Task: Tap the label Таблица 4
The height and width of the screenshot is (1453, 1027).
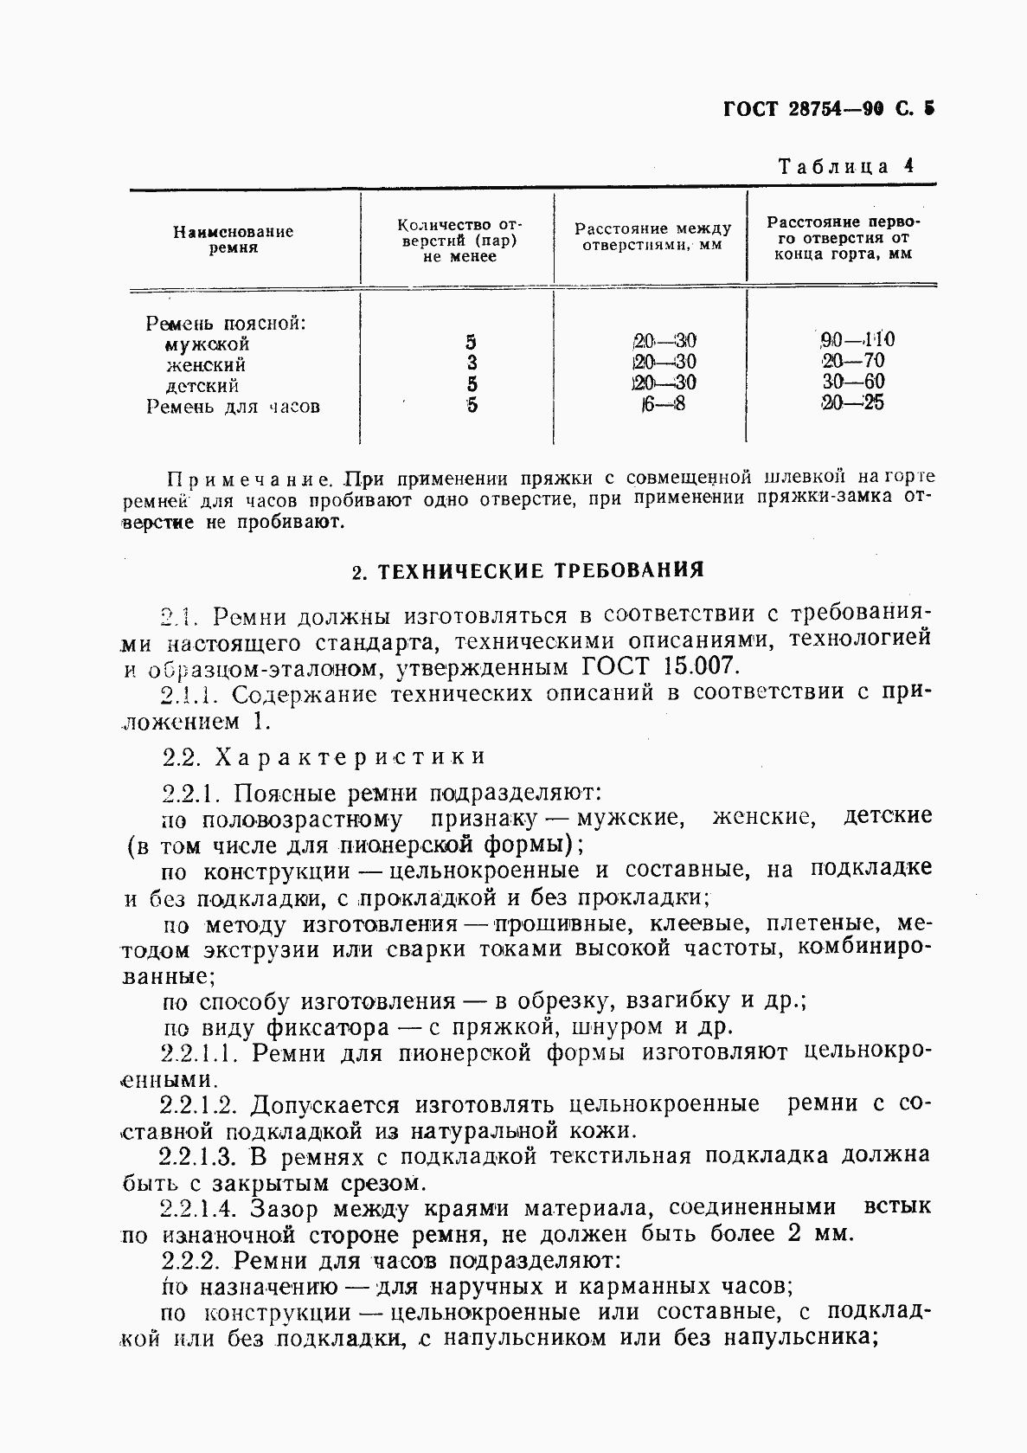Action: click(845, 166)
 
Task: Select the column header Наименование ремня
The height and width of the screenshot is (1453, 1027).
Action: click(233, 239)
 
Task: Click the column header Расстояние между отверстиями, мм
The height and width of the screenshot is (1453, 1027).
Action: click(652, 237)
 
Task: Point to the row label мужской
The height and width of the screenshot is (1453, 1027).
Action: click(207, 344)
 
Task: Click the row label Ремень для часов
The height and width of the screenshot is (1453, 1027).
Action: click(233, 407)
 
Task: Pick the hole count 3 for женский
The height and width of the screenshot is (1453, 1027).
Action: click(472, 363)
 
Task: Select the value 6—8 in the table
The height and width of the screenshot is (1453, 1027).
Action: click(663, 404)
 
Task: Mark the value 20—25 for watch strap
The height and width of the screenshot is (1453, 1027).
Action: click(852, 402)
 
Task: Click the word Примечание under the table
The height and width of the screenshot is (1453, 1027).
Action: click(250, 478)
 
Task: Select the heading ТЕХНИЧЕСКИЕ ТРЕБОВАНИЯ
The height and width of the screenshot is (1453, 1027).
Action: click(541, 570)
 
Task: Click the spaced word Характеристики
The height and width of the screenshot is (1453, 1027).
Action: click(350, 756)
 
